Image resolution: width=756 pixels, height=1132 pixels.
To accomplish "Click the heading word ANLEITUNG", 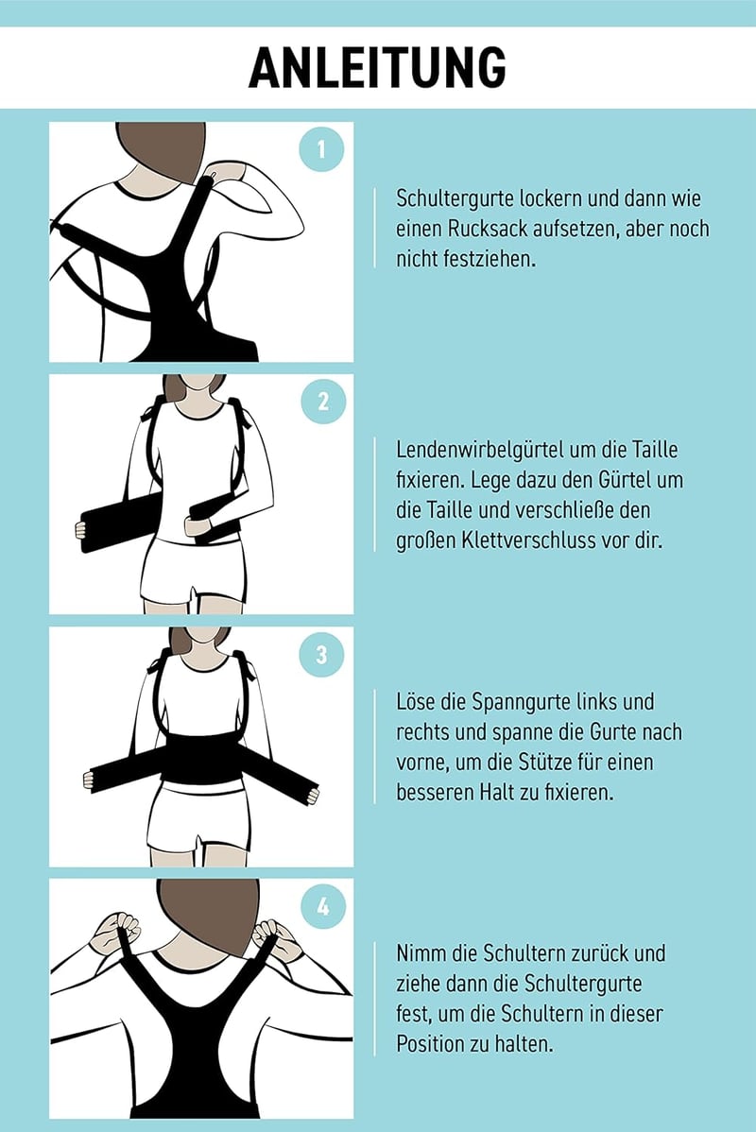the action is tap(377, 67).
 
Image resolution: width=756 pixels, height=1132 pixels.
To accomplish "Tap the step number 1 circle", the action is tap(321, 148).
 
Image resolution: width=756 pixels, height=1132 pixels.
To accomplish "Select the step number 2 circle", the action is tap(323, 402).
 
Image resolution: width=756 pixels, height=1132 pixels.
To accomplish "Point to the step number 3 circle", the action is tap(322, 654).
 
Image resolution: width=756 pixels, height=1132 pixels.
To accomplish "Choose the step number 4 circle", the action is tap(323, 906).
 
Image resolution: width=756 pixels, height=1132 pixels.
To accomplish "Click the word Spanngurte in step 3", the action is tap(522, 702).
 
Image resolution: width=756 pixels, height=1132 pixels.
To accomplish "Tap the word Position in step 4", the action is tap(428, 1044).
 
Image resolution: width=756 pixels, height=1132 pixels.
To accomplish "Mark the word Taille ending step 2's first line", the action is tap(655, 450).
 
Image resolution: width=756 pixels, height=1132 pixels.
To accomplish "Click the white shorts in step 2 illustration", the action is tap(194, 571).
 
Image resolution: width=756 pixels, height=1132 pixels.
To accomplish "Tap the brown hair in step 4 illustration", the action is tap(208, 913).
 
